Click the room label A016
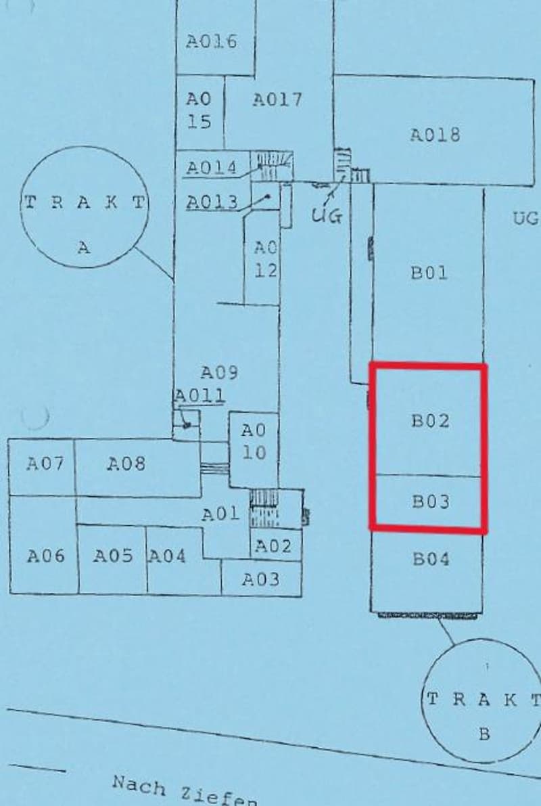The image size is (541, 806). click(211, 41)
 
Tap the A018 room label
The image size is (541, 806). click(435, 135)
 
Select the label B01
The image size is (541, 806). click(429, 273)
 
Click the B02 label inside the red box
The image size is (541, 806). click(431, 420)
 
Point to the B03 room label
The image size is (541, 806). click(431, 501)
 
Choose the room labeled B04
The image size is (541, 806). click(431, 559)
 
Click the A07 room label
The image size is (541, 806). click(45, 464)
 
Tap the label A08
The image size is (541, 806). click(126, 464)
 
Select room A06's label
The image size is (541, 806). click(46, 556)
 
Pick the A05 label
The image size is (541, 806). click(112, 556)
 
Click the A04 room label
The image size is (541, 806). click(167, 556)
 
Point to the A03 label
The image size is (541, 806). click(261, 579)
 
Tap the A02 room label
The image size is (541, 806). click(273, 546)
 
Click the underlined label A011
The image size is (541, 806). click(200, 395)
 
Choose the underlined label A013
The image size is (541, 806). click(212, 202)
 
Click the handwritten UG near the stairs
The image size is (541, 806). click(327, 216)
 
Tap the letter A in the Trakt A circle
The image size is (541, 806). click(84, 248)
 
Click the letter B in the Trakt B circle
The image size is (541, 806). click(484, 735)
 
